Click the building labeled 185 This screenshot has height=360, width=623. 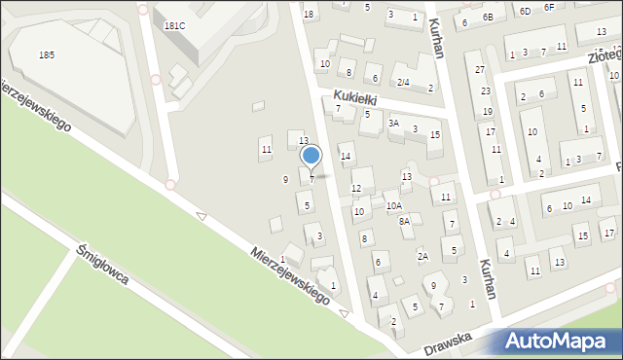pos(46,55)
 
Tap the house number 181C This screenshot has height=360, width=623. pos(175,26)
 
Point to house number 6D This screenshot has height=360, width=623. pos(525,11)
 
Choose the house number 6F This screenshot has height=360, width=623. pos(549,7)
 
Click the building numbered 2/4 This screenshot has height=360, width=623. pos(402,82)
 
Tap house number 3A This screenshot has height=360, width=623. pos(393,124)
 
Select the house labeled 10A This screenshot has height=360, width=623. pos(393,205)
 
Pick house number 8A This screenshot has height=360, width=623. pos(404,221)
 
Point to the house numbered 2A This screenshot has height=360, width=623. pos(422,256)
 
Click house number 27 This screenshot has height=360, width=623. pos(480,70)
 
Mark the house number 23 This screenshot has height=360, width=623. pos(485,90)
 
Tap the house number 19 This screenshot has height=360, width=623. pos(487,112)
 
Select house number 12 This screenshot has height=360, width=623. pos(356,188)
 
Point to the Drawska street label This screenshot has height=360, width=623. pos(448,342)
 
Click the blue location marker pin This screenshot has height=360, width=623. pos(311,156)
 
